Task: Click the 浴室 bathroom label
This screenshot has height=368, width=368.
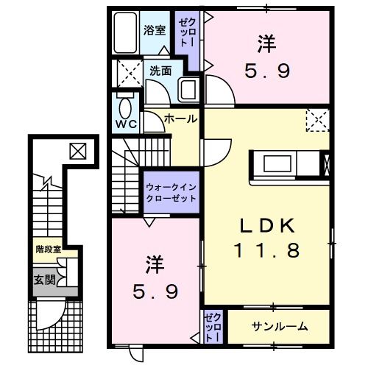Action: pyautogui.click(x=155, y=30)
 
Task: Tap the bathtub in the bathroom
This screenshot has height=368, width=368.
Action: pyautogui.click(x=125, y=32)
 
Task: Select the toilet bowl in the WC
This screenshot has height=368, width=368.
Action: pyautogui.click(x=125, y=108)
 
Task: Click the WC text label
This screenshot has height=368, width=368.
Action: pyautogui.click(x=126, y=124)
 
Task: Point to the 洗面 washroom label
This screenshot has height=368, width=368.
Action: pyautogui.click(x=160, y=71)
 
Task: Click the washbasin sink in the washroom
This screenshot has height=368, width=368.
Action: pyautogui.click(x=188, y=90)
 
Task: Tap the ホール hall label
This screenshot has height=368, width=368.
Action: pyautogui.click(x=181, y=119)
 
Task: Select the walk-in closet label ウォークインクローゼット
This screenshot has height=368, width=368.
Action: pyautogui.click(x=171, y=193)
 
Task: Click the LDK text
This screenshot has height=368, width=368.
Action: pyautogui.click(x=267, y=226)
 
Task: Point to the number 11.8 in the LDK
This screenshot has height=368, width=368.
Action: pyautogui.click(x=267, y=250)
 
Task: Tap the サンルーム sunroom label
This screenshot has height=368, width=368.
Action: pyautogui.click(x=280, y=327)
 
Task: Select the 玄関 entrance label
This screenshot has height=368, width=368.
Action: pyautogui.click(x=44, y=280)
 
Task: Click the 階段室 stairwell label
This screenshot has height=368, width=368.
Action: pyautogui.click(x=48, y=250)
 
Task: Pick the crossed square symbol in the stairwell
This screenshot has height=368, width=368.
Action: pyautogui.click(x=78, y=151)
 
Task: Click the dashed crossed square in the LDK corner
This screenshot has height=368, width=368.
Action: pyautogui.click(x=318, y=120)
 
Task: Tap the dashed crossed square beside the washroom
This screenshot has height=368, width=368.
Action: pyautogui.click(x=130, y=73)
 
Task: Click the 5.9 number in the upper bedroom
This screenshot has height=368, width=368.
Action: pyautogui.click(x=267, y=71)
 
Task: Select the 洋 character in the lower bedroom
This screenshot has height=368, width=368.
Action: pyautogui.click(x=155, y=265)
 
